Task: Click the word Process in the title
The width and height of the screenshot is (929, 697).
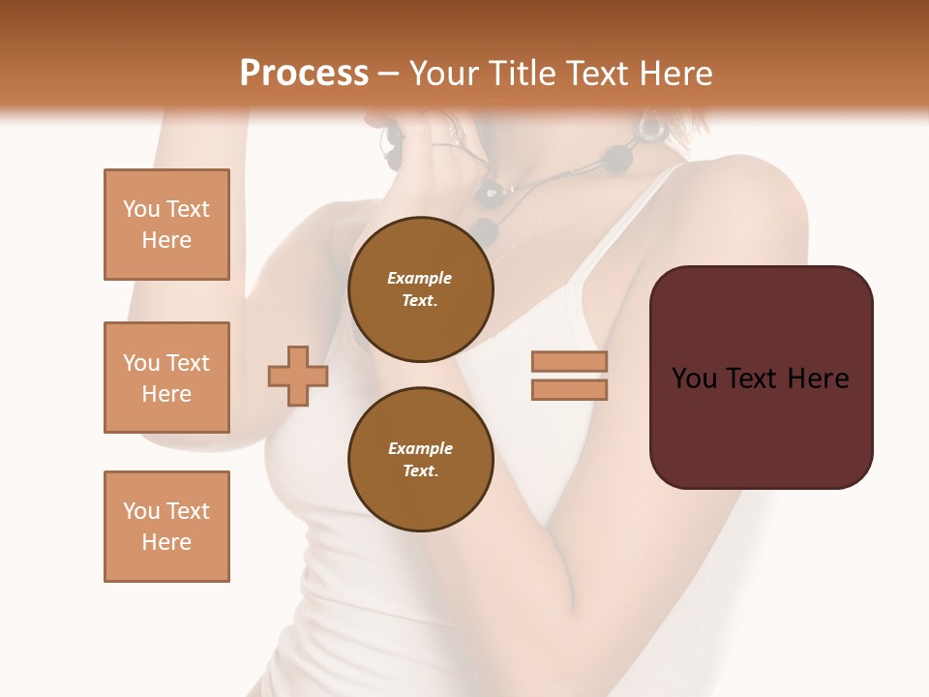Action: click(x=304, y=74)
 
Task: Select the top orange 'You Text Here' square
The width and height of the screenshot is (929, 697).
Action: click(x=166, y=225)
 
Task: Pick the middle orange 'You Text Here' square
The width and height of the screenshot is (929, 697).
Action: click(x=166, y=378)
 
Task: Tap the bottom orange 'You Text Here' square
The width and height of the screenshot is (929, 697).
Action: click(x=166, y=527)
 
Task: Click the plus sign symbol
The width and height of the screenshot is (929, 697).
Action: click(x=298, y=376)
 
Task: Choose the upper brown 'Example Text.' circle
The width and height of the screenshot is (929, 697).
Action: click(x=420, y=289)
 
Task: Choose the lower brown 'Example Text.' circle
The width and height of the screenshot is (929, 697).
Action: click(x=420, y=460)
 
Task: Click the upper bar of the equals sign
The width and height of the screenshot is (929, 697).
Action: click(x=569, y=362)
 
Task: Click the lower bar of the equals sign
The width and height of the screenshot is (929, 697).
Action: click(x=569, y=390)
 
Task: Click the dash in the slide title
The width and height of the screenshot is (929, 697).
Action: click(x=388, y=75)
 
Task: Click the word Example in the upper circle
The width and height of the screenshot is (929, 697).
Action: click(x=419, y=278)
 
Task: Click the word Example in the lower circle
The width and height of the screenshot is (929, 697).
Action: click(x=420, y=448)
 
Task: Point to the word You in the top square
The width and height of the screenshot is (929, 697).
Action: click(x=141, y=209)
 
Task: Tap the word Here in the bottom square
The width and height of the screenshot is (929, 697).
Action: click(x=166, y=542)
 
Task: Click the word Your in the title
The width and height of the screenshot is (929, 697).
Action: click(x=441, y=74)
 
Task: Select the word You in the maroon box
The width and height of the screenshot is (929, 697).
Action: click(x=694, y=379)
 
